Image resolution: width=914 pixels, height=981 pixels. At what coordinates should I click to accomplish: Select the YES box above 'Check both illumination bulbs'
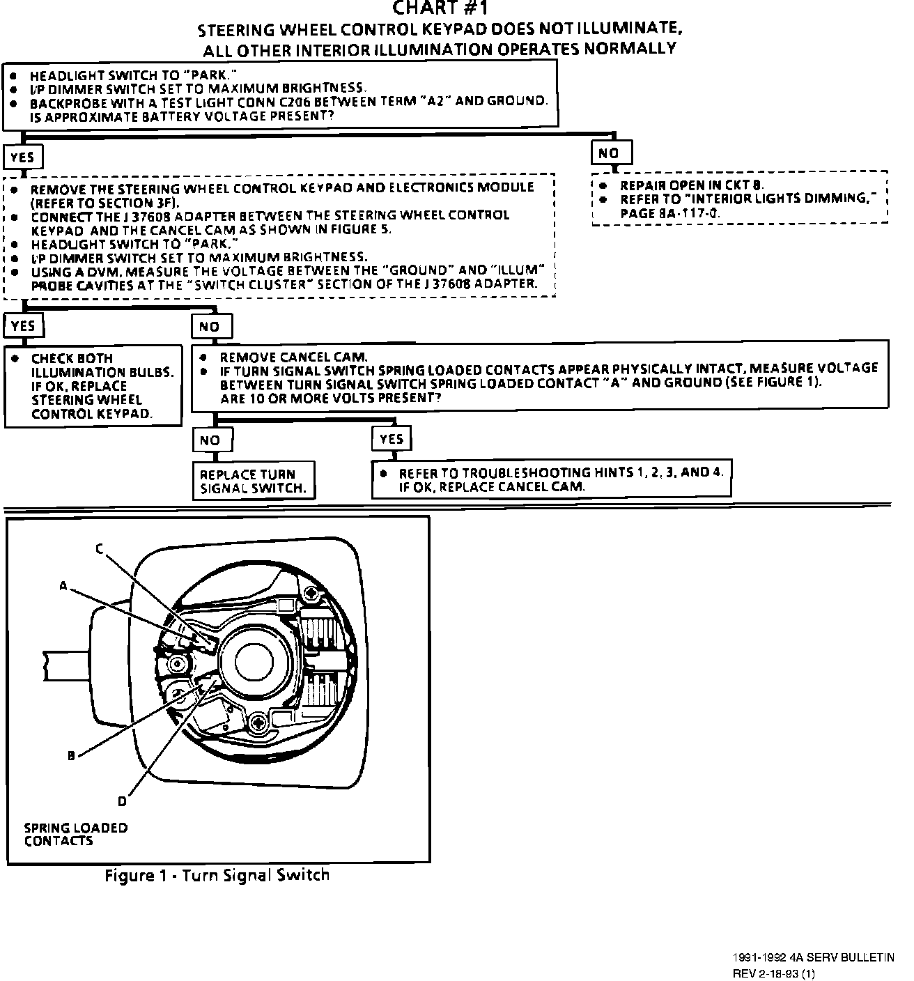23,326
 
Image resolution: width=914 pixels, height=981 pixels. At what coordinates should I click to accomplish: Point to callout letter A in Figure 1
63,587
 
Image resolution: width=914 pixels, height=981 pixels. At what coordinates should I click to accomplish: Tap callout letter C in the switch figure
100,549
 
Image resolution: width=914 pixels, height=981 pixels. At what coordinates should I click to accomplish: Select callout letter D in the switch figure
122,801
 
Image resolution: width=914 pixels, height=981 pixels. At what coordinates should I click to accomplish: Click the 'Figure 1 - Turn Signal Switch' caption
217,875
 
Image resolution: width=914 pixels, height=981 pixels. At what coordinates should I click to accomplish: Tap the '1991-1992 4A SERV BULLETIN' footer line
813,958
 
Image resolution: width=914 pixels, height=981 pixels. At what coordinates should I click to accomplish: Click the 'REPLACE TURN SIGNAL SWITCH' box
253,481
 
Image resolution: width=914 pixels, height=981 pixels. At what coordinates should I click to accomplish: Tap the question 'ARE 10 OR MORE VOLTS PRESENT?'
330,398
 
